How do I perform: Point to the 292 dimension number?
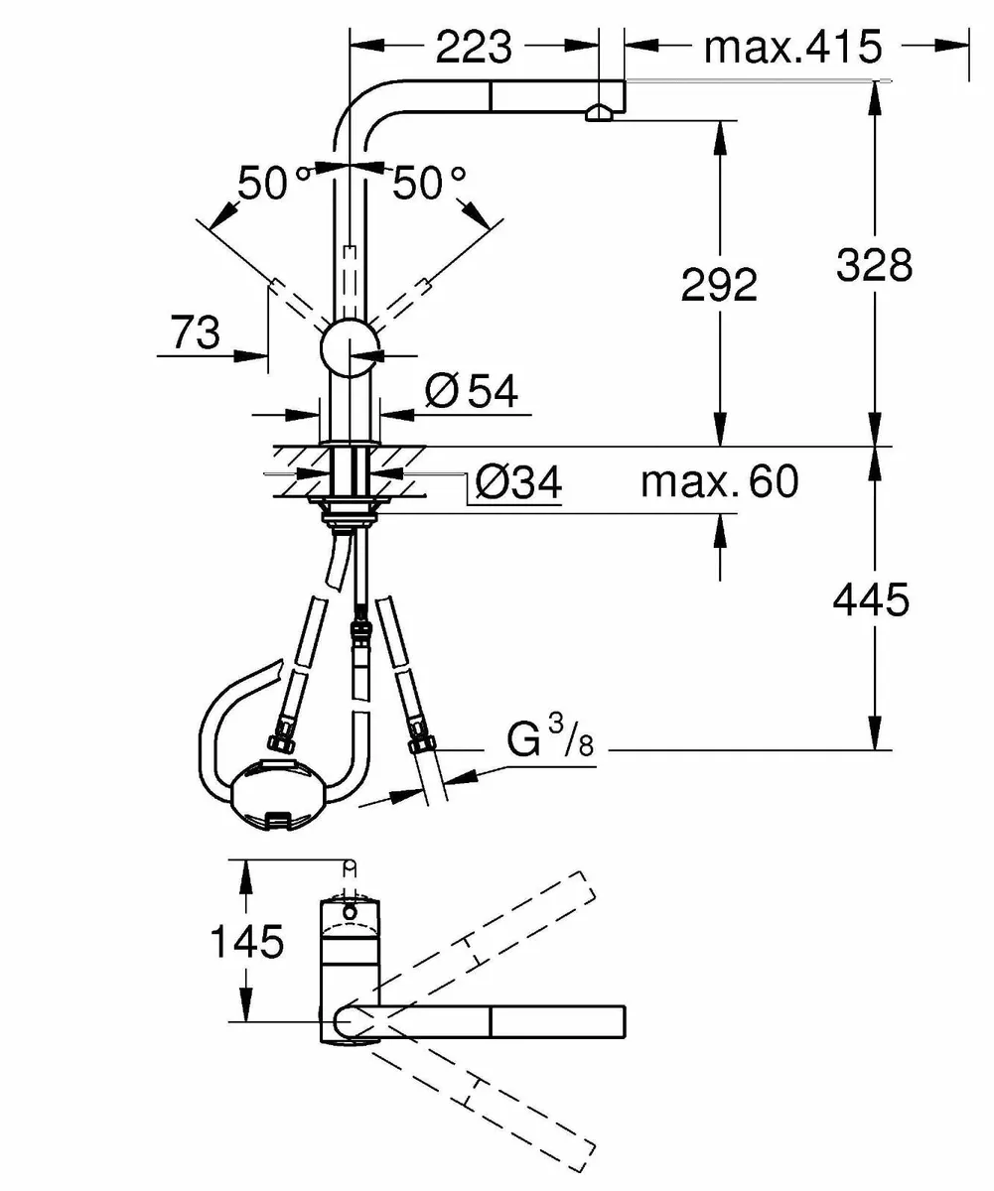719,285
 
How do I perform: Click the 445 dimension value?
872,599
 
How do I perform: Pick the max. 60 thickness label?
718,482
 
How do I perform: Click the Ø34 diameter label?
517,483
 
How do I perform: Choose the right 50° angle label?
428,184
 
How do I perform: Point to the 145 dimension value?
246,941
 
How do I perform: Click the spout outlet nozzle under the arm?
599,114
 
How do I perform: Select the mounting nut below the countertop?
348,511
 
